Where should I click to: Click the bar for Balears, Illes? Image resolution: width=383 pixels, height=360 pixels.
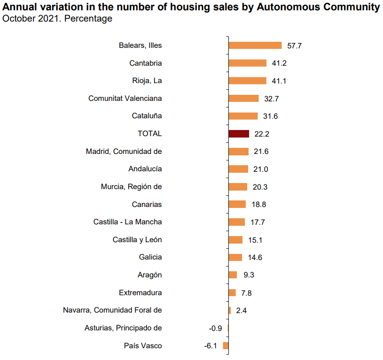pyautogui.click(x=255, y=46)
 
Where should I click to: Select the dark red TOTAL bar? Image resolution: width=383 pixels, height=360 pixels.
pyautogui.click(x=239, y=134)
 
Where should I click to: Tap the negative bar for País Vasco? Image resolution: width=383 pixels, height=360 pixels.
pyautogui.click(x=226, y=346)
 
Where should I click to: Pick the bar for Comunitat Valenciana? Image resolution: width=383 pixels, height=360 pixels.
pyautogui.click(x=243, y=99)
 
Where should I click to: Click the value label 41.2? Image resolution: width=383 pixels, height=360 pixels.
pyautogui.click(x=279, y=63)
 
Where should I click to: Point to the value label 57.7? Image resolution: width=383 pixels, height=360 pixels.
pyautogui.click(x=294, y=46)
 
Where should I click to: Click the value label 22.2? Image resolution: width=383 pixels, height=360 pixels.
pyautogui.click(x=262, y=134)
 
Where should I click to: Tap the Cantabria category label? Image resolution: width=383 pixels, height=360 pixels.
pyautogui.click(x=146, y=63)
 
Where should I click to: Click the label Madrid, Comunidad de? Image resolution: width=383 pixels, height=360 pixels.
pyautogui.click(x=124, y=152)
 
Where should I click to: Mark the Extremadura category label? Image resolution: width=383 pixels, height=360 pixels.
pyautogui.click(x=141, y=293)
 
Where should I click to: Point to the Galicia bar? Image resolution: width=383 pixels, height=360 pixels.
pyautogui.click(x=235, y=257)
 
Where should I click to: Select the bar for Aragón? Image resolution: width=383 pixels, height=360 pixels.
pyautogui.click(x=233, y=275)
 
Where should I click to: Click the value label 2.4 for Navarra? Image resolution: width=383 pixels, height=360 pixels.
pyautogui.click(x=242, y=310)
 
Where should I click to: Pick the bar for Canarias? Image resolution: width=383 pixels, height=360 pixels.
pyautogui.click(x=237, y=204)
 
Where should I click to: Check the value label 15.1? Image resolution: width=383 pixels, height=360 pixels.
pyautogui.click(x=255, y=240)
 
